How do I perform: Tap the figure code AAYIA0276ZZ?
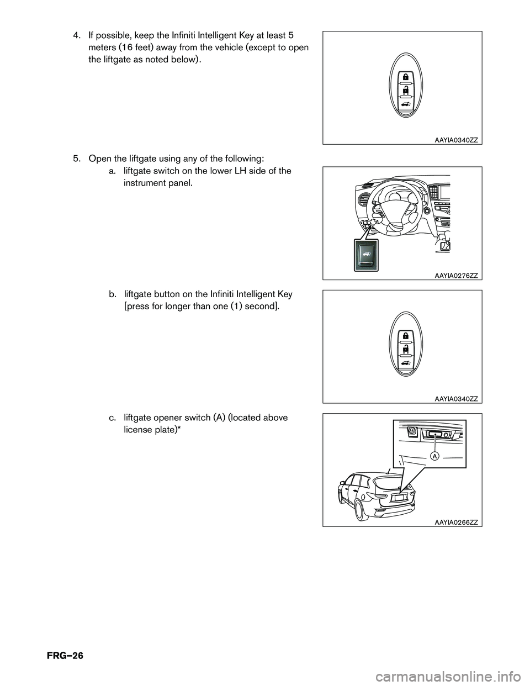456,276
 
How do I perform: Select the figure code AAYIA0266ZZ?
456,523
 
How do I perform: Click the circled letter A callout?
434,456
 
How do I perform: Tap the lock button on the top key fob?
406,77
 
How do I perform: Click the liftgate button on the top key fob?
406,104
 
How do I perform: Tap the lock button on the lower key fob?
406,336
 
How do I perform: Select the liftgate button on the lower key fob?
406,363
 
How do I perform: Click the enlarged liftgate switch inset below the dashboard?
366,255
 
